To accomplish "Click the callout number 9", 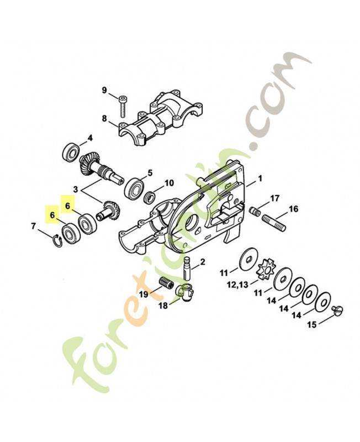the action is tap(104, 91).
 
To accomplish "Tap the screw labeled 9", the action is tap(122, 107).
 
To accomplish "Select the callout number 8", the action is tap(104, 119).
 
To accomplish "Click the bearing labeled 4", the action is tap(71, 152).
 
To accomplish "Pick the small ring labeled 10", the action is tap(149, 197).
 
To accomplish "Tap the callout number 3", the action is tap(76, 190).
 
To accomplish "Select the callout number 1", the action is tap(260, 178).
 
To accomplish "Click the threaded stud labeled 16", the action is tap(274, 222).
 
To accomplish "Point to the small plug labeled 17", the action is tap(255, 212).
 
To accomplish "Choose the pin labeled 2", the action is tap(188, 268).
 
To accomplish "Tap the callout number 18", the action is tap(163, 306).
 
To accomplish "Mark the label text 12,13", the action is tap(238, 285).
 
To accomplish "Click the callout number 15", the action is tap(312, 325).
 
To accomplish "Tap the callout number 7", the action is tap(34, 226).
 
